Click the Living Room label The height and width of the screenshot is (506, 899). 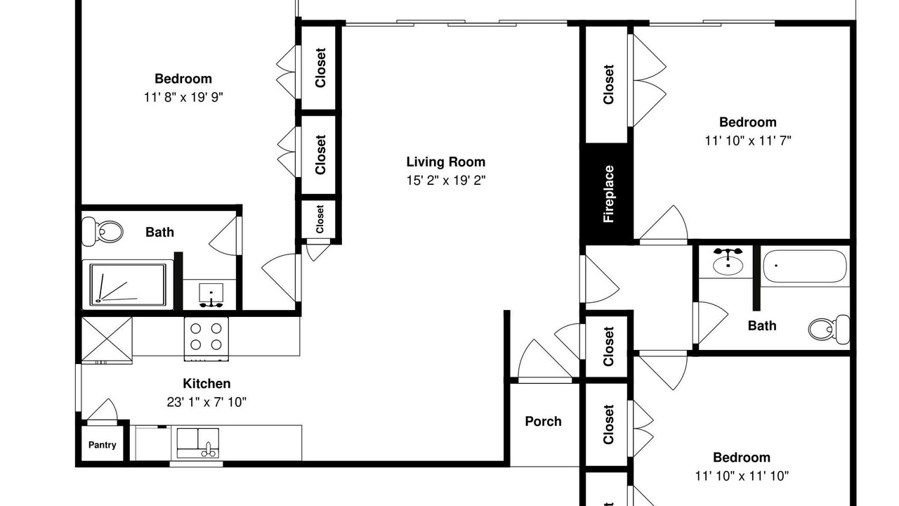click(446, 162)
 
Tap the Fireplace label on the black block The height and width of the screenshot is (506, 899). click(608, 194)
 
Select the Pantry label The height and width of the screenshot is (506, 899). click(103, 445)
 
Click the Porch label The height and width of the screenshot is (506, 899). click(544, 421)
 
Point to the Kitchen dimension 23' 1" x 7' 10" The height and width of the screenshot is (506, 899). click(206, 402)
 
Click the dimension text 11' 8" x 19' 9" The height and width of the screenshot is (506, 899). click(183, 97)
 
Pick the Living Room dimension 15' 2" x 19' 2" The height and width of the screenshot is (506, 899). click(446, 181)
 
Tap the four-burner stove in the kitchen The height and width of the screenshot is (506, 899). click(206, 339)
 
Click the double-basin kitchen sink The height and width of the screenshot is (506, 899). click(198, 443)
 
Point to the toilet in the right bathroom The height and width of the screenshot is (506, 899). click(829, 330)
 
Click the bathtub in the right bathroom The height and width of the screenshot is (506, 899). click(805, 266)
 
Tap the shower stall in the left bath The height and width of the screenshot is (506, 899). click(128, 285)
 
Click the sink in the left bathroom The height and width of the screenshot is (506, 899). click(211, 295)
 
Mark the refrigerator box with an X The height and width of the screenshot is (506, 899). click(107, 339)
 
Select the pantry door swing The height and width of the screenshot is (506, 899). click(103, 410)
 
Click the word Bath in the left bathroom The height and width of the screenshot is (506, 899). click(159, 232)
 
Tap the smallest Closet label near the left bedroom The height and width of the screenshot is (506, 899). click(320, 219)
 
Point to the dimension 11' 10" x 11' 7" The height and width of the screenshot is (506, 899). click(748, 141)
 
